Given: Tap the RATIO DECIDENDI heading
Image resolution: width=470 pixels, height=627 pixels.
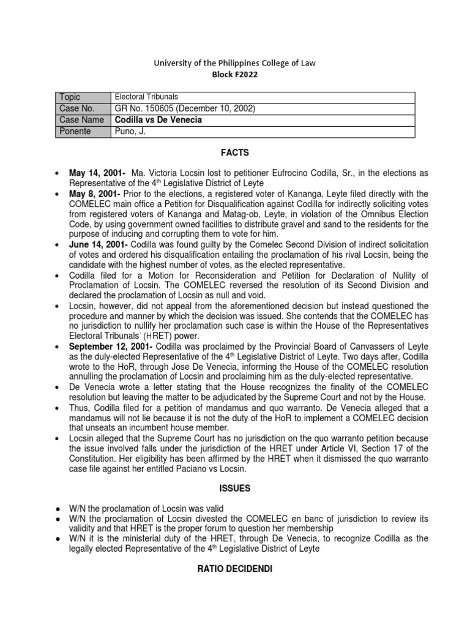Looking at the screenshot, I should coord(235,569).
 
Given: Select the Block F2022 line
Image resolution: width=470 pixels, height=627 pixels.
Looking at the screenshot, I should coord(235,74).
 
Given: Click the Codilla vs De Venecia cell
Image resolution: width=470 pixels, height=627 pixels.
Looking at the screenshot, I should coord(159,120).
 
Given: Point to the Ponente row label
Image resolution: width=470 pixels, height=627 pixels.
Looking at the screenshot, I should coord(74,132).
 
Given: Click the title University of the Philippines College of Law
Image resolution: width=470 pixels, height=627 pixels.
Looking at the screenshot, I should coord(235,62).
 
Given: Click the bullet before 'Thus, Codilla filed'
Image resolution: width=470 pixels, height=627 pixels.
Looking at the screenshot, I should coord(56,408).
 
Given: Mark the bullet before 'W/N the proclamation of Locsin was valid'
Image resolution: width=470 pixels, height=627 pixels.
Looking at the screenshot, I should coord(56,509).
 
